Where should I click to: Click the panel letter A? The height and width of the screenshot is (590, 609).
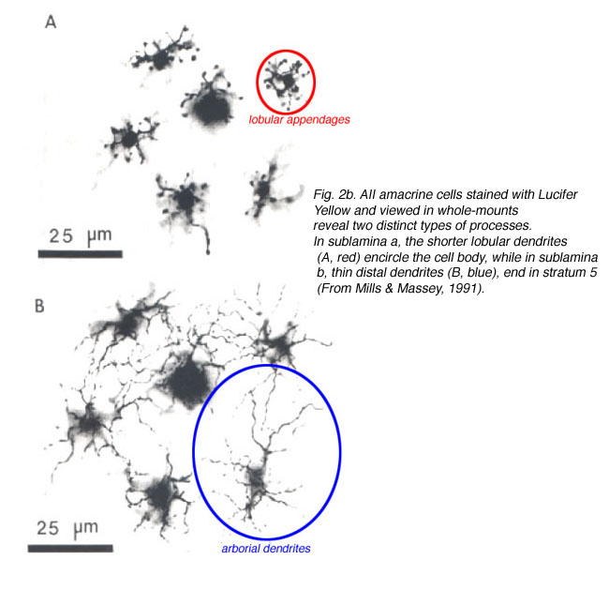pyautogui.click(x=51, y=22)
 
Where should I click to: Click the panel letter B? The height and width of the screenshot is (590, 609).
pyautogui.click(x=39, y=306)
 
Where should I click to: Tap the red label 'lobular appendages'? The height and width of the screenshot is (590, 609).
pyautogui.click(x=299, y=120)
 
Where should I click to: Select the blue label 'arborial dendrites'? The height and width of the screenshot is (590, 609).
pyautogui.click(x=266, y=549)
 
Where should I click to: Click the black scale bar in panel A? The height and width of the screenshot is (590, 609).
pyautogui.click(x=81, y=254)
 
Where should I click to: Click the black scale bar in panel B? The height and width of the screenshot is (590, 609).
pyautogui.click(x=70, y=549)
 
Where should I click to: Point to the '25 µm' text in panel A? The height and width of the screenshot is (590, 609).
pyautogui.click(x=81, y=235)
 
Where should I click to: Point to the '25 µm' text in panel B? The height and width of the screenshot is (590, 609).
pyautogui.click(x=67, y=528)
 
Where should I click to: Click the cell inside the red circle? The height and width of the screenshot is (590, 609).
pyautogui.click(x=286, y=82)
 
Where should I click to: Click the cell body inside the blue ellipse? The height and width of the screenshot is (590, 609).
pyautogui.click(x=256, y=479)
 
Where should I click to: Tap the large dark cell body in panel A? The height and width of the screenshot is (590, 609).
pyautogui.click(x=211, y=108)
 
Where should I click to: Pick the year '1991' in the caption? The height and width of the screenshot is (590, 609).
pyautogui.click(x=464, y=288)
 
